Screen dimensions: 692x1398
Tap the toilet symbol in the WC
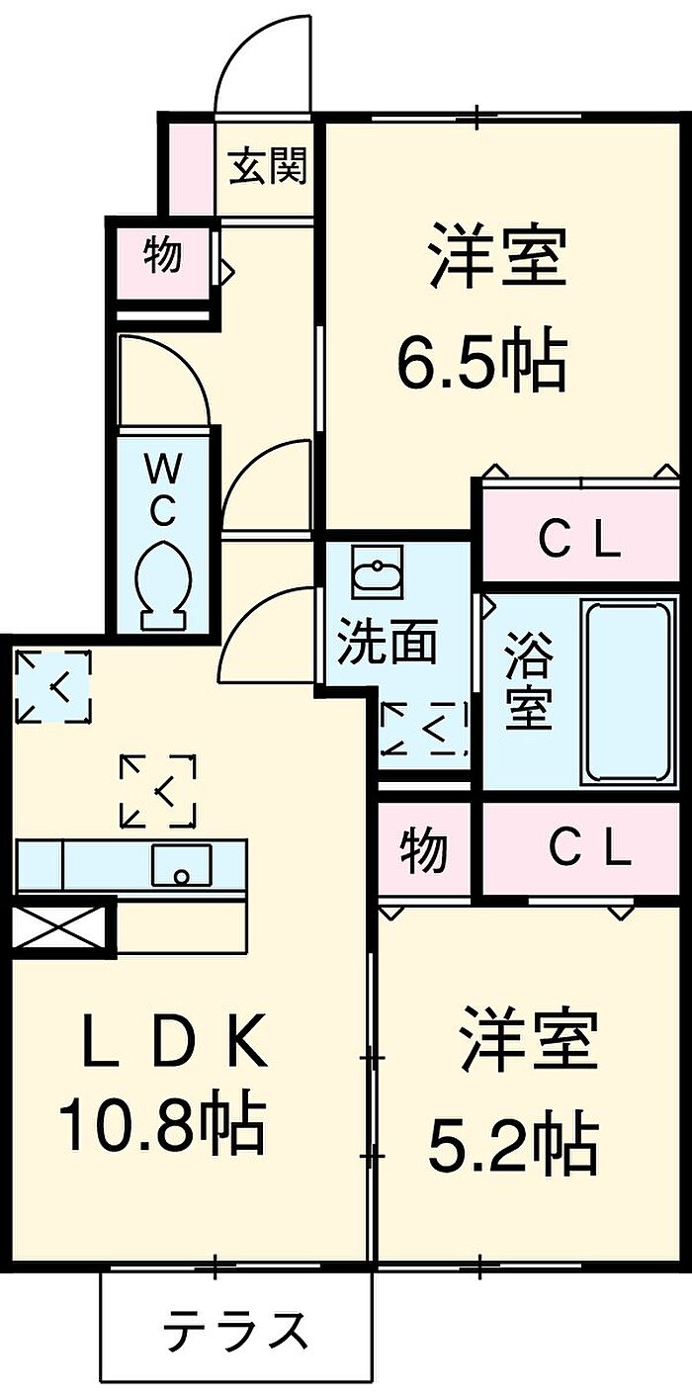tap(163, 584)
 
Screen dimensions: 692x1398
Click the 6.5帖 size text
tap(482, 361)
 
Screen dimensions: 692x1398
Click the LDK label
tap(175, 1040)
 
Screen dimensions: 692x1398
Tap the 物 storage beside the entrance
tap(163, 255)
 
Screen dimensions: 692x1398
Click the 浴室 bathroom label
tap(529, 680)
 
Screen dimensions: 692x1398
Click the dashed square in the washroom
tap(425, 728)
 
